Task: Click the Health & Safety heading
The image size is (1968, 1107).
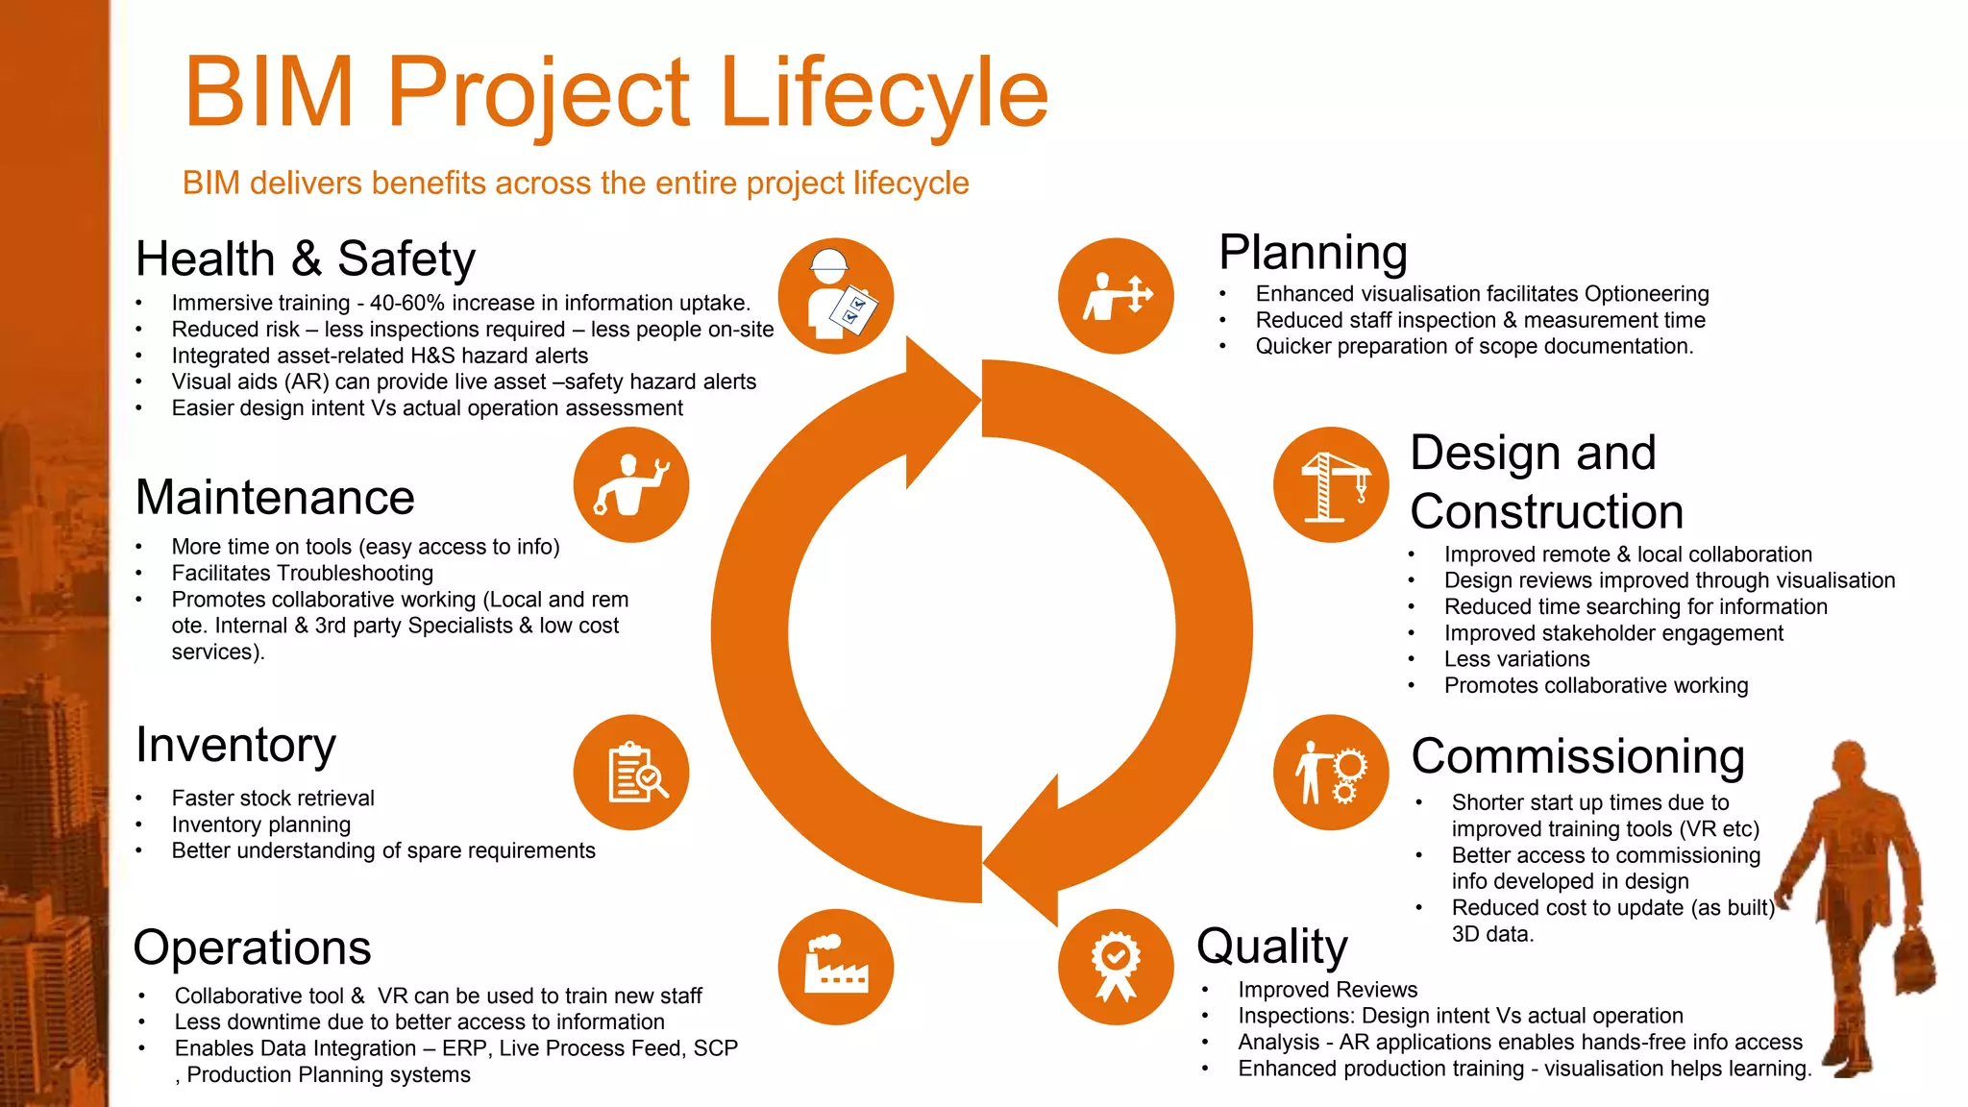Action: [x=306, y=259]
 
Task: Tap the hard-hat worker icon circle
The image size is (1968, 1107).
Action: [x=835, y=296]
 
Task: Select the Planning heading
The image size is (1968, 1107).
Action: [x=1313, y=253]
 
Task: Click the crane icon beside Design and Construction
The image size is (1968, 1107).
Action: [x=1331, y=485]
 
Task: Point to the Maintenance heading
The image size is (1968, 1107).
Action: [x=275, y=498]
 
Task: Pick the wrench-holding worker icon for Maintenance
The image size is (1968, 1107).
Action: [x=631, y=485]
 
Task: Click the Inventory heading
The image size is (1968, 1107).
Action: [x=236, y=746]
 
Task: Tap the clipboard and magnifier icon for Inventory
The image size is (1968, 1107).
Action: [x=631, y=773]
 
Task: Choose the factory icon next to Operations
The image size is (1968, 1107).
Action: [x=835, y=967]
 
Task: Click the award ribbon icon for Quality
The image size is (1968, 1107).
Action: [x=1116, y=967]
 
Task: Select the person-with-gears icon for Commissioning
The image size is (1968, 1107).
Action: [x=1331, y=773]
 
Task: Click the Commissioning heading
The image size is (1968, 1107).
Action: [x=1578, y=757]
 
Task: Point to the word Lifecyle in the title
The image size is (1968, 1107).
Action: [x=883, y=93]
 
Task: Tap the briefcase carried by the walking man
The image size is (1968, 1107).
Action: [x=1914, y=961]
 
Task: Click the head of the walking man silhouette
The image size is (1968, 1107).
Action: [x=1849, y=764]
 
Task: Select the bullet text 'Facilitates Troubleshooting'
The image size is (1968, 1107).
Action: [x=303, y=574]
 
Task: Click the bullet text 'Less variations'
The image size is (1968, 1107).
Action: [x=1516, y=659]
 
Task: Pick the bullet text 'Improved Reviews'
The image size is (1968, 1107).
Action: [x=1327, y=990]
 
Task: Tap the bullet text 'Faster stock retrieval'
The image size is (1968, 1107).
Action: [x=273, y=799]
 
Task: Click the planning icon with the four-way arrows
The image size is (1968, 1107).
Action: [x=1116, y=296]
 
